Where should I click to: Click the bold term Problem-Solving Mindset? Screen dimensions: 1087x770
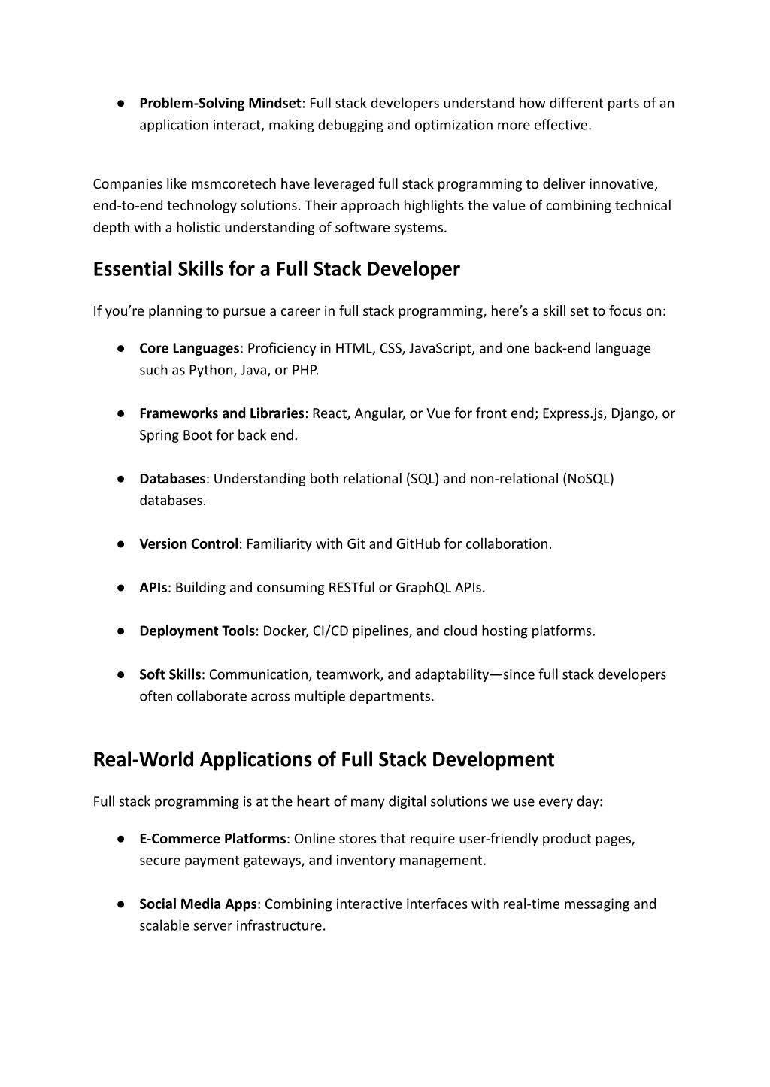[x=220, y=103]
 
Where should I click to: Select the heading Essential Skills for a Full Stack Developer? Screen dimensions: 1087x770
[x=276, y=269]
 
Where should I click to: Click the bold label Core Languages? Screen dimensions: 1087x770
[x=189, y=348]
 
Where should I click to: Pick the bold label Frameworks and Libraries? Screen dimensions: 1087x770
[x=222, y=413]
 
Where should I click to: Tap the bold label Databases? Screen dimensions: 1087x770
[x=172, y=479]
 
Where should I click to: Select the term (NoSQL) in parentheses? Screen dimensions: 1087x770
[x=588, y=479]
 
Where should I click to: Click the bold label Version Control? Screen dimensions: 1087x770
[x=189, y=544]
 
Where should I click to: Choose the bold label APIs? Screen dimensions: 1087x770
[x=153, y=588]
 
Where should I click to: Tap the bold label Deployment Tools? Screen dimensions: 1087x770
[x=197, y=631]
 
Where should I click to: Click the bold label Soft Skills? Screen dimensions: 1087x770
[x=170, y=674]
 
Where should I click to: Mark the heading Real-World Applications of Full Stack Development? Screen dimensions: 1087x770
[x=323, y=759]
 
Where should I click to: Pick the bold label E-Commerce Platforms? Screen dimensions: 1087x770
[x=213, y=839]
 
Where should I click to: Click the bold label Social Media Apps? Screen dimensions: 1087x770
[x=198, y=904]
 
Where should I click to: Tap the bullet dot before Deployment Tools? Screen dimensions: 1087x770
[x=120, y=631]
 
